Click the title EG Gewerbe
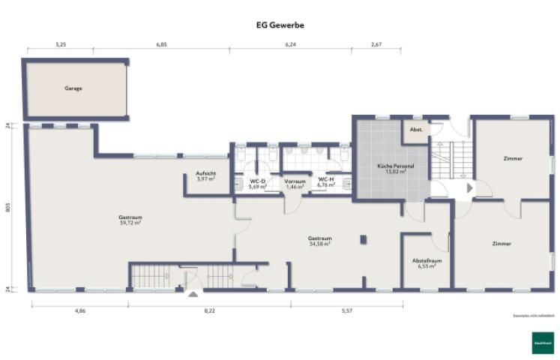(x=280, y=25)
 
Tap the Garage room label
(x=73, y=88)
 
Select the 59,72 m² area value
(x=130, y=223)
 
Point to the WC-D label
(x=258, y=181)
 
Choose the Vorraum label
(x=295, y=181)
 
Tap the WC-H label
(x=326, y=180)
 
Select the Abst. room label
(x=416, y=129)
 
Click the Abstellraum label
(x=427, y=260)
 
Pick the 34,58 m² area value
(x=319, y=243)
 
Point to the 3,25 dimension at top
(x=61, y=45)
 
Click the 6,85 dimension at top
(x=161, y=45)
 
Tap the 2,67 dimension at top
(x=376, y=45)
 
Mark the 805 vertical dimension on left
(x=8, y=208)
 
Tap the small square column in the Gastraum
(x=364, y=240)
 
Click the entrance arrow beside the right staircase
(x=469, y=187)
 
